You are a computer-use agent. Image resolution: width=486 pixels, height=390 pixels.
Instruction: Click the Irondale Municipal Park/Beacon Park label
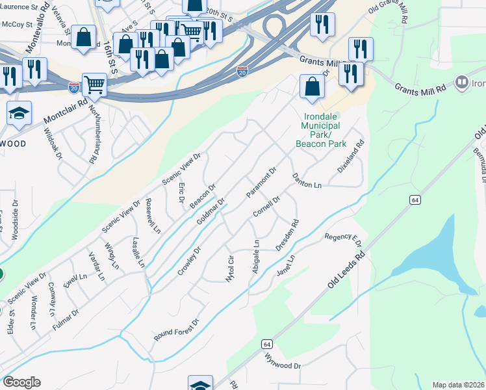321,130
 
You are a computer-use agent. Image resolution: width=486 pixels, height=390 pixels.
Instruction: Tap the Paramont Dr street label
262,183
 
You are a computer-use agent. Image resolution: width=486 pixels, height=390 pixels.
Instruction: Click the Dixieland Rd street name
351,157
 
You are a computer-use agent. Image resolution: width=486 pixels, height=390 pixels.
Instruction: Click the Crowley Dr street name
190,260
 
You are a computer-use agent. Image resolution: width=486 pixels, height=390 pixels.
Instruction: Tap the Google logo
21,382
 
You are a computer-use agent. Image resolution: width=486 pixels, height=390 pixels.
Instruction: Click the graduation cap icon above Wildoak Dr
19,113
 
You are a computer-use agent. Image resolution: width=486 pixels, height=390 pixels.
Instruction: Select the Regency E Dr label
342,238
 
